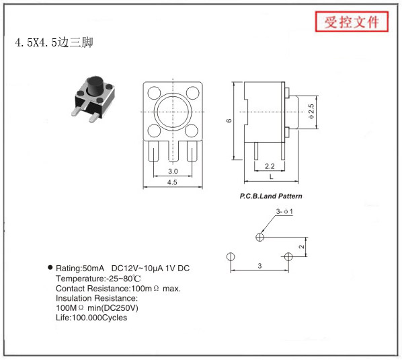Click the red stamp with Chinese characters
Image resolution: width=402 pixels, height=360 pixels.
[352, 22]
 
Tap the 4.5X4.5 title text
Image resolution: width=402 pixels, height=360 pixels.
[54, 42]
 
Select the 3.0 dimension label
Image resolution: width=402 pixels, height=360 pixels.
[173, 171]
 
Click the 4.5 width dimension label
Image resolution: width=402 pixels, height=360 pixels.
[172, 182]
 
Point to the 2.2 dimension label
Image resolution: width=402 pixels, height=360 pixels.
[270, 166]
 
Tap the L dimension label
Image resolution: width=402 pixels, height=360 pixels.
[271, 176]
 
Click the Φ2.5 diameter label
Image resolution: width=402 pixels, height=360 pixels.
[311, 111]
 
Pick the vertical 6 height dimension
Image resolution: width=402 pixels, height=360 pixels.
[229, 120]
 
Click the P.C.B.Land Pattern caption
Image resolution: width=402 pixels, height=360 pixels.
[271, 196]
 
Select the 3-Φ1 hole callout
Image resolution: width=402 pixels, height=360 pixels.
[284, 212]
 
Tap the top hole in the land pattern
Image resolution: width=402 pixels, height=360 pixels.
[260, 237]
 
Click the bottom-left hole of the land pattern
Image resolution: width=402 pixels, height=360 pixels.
[231, 256]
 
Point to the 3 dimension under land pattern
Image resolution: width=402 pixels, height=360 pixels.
[259, 266]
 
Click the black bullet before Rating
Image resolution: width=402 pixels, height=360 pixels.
[50, 267]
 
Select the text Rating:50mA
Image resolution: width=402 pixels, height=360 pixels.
[80, 268]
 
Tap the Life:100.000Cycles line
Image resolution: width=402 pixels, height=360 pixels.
[91, 318]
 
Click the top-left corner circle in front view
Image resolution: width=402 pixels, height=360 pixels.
[155, 93]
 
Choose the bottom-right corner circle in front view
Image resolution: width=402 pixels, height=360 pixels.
[192, 131]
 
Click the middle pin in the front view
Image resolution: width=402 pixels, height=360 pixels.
[173, 151]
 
